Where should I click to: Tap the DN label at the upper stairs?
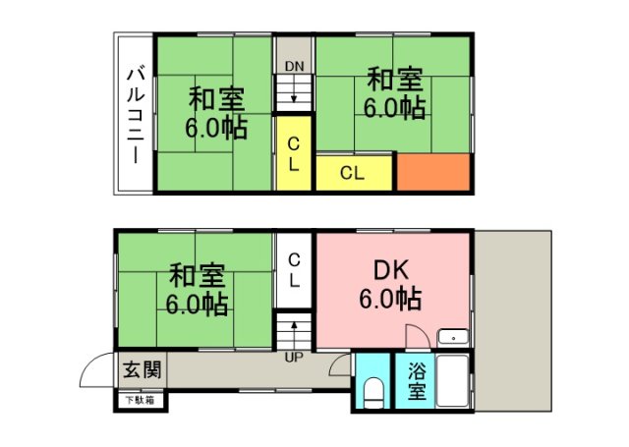click(x=293, y=67)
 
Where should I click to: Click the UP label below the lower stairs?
click(x=293, y=357)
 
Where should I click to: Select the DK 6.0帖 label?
click(x=397, y=283)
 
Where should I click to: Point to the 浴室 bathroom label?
click(x=416, y=382)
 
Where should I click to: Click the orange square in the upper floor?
click(x=433, y=172)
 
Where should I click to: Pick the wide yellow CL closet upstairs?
click(x=354, y=173)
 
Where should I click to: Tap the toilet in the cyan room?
click(x=372, y=391)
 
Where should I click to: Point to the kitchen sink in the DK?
click(x=453, y=337)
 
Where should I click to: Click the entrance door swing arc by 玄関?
click(x=96, y=369)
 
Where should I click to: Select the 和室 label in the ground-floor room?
click(x=197, y=273)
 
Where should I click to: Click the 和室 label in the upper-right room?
click(x=395, y=77)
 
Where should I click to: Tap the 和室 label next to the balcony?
click(x=216, y=98)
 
